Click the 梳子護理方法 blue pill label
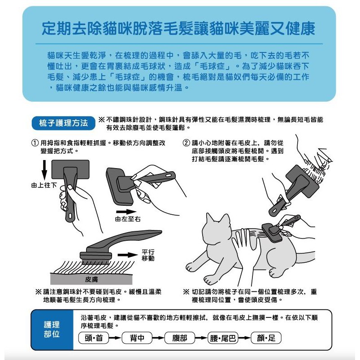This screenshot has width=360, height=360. coord(63,123)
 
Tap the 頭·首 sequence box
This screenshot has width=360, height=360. coord(94,338)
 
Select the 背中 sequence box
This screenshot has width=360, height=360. coord(137,338)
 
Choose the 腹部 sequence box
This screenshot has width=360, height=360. coord(180,338)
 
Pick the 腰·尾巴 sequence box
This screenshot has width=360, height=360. coord(223,338)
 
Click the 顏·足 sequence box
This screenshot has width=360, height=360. coord(266,338)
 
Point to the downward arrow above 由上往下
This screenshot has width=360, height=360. coord(44,170)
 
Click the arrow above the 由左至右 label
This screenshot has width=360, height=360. coord(126,212)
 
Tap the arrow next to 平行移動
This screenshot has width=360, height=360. coord(128,255)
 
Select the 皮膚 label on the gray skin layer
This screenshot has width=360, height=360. coord(91,279)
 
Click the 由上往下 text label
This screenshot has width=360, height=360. coord(44,185)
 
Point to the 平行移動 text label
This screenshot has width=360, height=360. coord(148,255)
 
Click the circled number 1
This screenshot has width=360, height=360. coord(35,143)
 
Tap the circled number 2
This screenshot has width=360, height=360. coord(186,143)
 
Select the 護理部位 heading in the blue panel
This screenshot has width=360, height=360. coord(52,329)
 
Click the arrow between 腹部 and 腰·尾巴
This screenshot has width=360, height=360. coord(201,338)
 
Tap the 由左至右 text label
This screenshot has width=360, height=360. coord(128,219)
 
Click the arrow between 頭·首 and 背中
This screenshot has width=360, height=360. coord(115,338)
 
